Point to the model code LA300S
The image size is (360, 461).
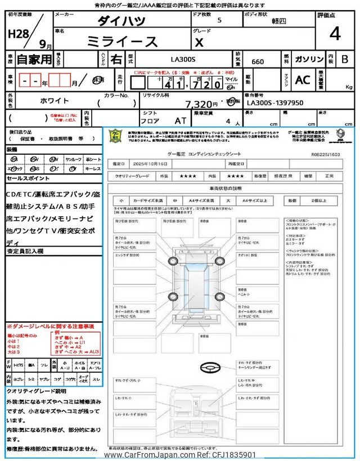184,59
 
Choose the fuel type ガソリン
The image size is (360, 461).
308,59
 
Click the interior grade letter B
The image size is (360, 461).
345,59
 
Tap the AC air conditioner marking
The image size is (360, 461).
303,80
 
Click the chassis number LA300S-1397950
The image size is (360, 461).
275,104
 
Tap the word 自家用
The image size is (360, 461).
34,59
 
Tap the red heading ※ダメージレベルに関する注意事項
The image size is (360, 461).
51,326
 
